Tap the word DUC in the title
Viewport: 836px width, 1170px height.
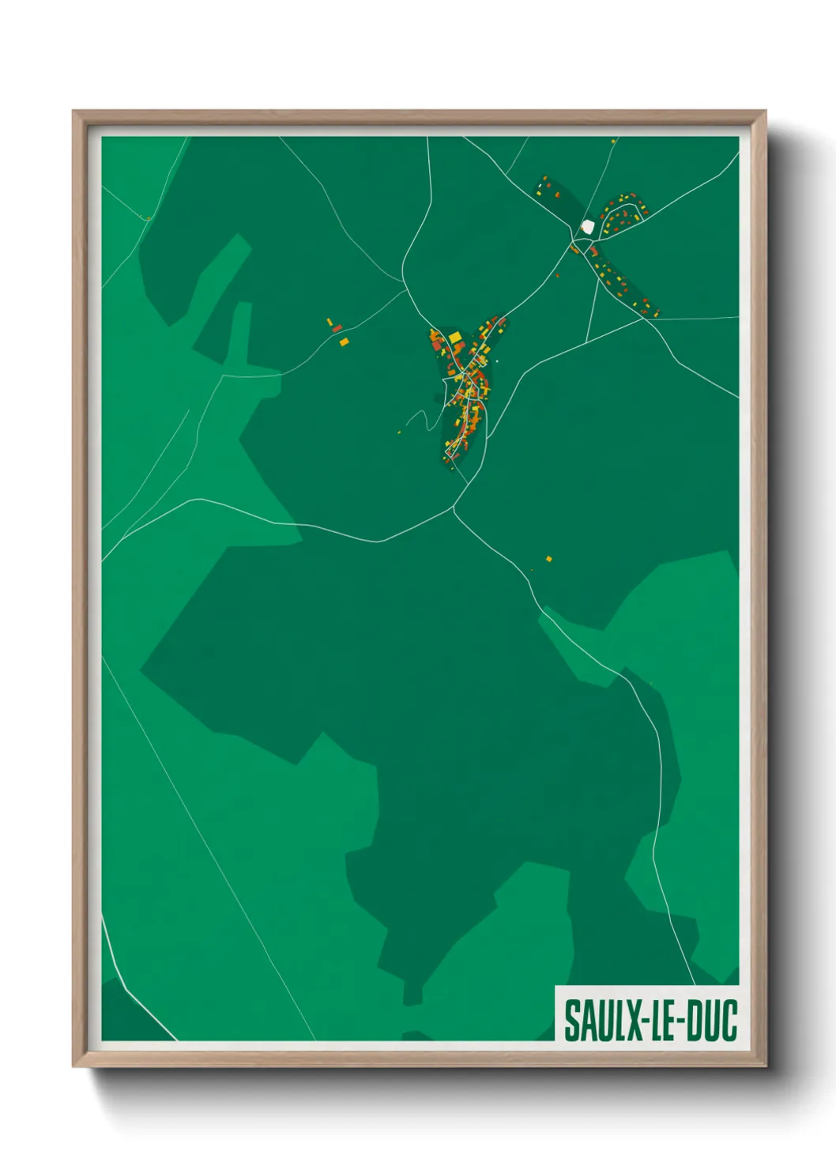(710, 1020)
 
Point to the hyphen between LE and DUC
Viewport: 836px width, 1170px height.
(680, 1021)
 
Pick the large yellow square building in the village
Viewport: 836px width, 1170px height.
(455, 338)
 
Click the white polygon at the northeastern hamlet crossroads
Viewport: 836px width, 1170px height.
(586, 226)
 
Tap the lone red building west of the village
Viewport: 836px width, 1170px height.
(337, 327)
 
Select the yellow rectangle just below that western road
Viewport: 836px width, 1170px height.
(344, 342)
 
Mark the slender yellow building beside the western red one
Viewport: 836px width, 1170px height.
(330, 322)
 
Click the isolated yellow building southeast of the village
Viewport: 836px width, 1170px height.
(549, 559)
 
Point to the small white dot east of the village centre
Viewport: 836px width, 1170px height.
(498, 361)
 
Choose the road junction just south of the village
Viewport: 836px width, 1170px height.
(454, 508)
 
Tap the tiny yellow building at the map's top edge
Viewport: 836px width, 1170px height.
(612, 141)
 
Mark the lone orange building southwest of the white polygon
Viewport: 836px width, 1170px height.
(558, 274)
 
